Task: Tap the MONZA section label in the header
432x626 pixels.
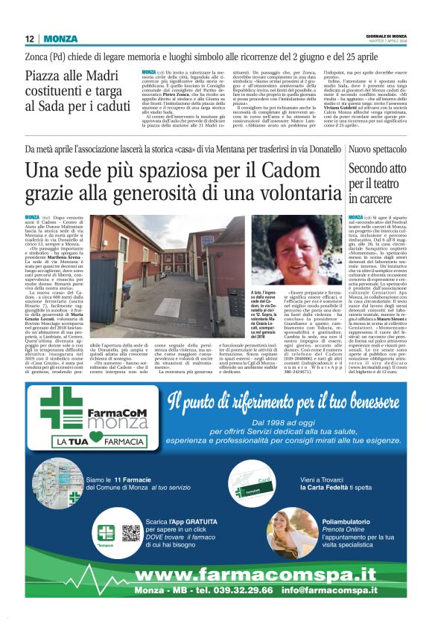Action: [x=60, y=39]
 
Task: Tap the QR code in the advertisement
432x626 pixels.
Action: [x=131, y=535]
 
